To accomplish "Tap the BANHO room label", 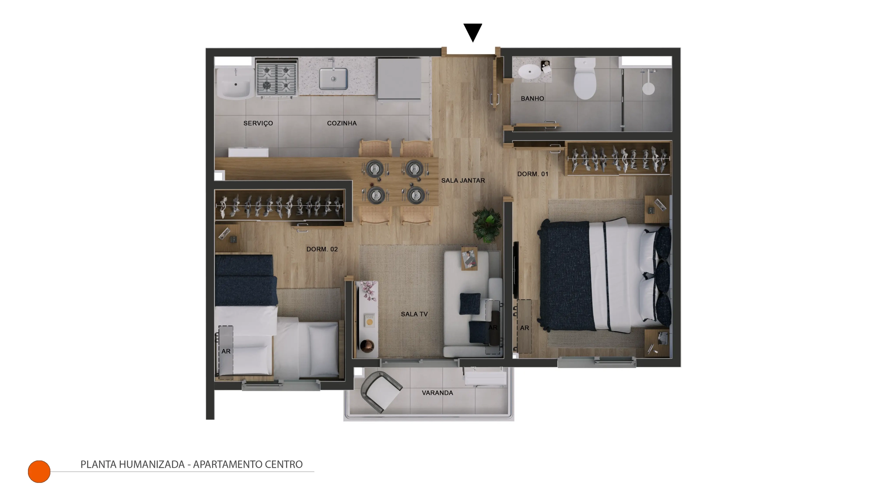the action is tap(532, 98).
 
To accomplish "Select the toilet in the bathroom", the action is tap(585, 78).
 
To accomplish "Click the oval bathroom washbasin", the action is tap(530, 72).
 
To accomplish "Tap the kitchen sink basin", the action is tap(333, 79).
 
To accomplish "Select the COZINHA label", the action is tap(342, 123).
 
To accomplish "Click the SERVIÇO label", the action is tap(258, 123).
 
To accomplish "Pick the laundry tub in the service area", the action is tap(235, 84).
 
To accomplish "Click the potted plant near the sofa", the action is tap(487, 225).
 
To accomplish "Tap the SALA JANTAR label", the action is tap(463, 180).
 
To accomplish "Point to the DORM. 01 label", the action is tap(533, 174).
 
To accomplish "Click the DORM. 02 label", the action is tap(322, 249).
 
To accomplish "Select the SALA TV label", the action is tap(414, 314).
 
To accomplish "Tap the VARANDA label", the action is tap(437, 393).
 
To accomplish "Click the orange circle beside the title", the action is tap(39, 471).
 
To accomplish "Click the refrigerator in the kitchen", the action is tap(399, 79).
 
